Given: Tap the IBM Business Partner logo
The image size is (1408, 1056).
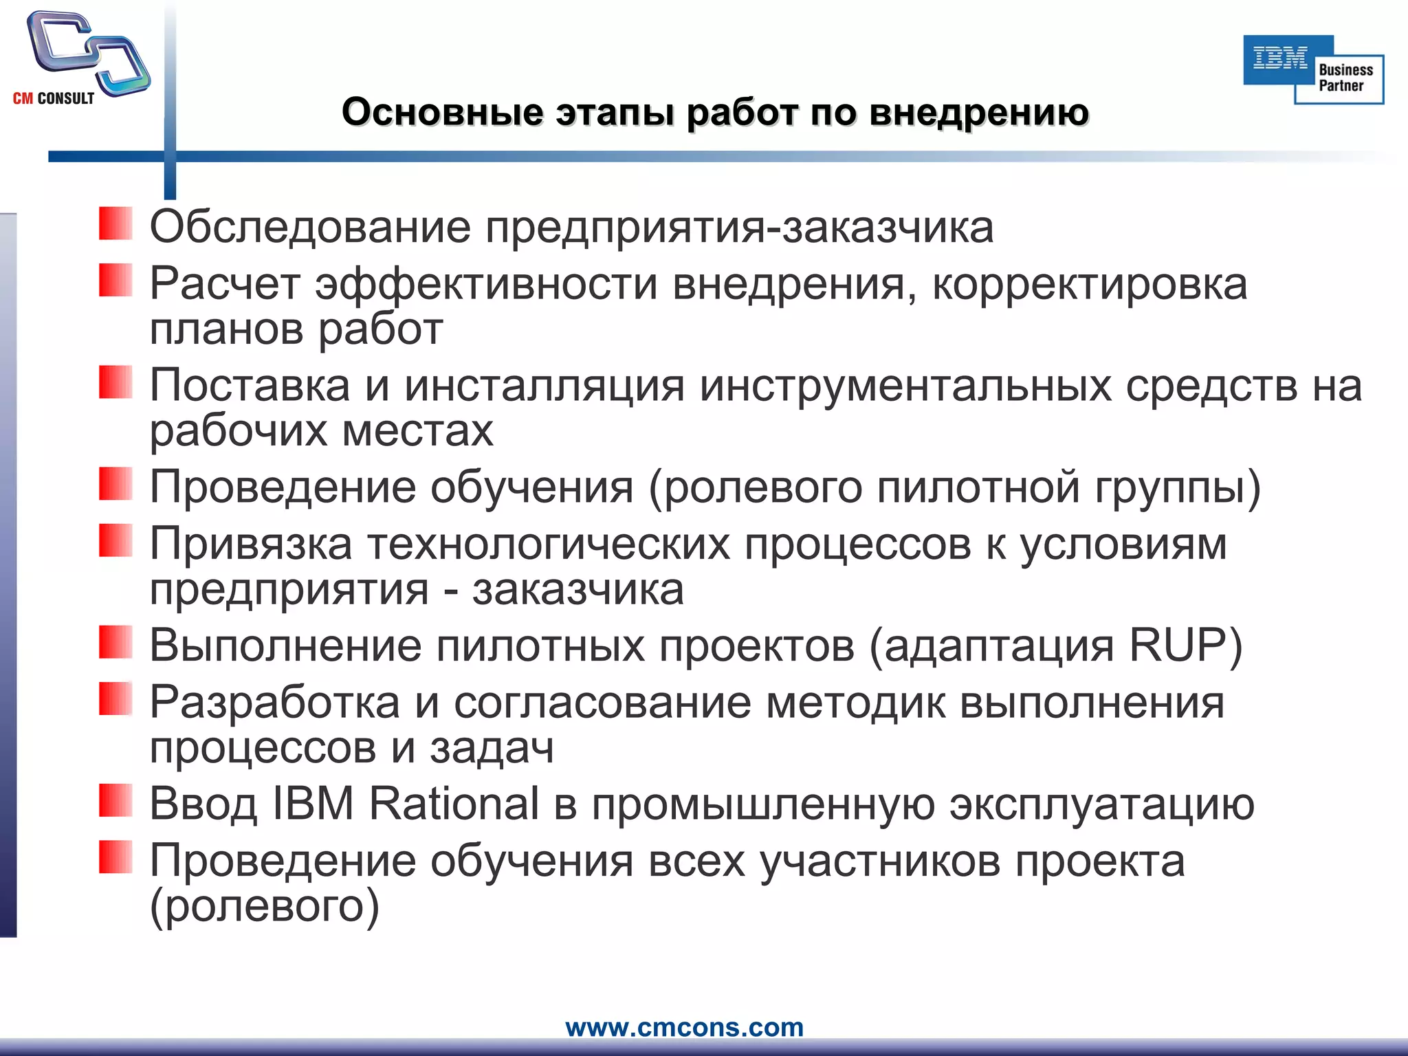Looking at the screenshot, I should click(1313, 69).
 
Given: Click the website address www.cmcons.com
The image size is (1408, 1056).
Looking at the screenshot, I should click(684, 1027).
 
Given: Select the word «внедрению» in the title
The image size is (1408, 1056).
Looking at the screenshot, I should click(979, 112).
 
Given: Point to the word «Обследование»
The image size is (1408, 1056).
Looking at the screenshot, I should click(310, 227).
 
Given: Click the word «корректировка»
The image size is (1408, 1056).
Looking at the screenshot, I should click(1090, 284).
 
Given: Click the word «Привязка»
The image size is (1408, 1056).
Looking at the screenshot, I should click(251, 544).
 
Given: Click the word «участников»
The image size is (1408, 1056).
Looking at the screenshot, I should click(880, 861).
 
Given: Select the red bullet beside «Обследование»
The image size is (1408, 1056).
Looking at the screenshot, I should click(115, 223).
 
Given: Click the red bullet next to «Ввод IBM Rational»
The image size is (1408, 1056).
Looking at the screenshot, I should click(115, 800).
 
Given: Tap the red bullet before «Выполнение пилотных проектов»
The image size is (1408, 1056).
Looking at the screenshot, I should click(115, 642).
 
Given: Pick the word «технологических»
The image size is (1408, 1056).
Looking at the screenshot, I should click(549, 544).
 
